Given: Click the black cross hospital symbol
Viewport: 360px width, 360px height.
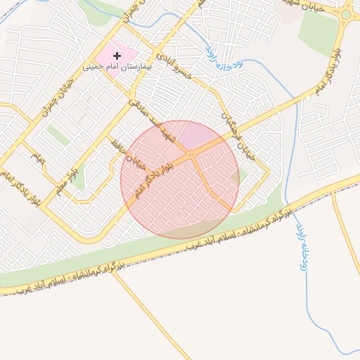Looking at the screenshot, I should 117,55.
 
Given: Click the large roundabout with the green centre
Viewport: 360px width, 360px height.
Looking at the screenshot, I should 346,14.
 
